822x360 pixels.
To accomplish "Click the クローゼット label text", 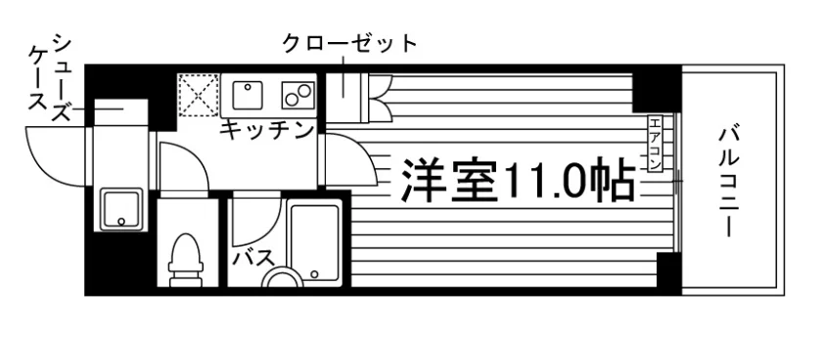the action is [349, 43].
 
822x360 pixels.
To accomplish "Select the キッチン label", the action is [266, 129].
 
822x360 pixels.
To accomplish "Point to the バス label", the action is [253, 257].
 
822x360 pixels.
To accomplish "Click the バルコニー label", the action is [728, 182].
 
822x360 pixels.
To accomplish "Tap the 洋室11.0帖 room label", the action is [518, 180].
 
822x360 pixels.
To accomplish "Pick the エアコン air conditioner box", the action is [656, 144].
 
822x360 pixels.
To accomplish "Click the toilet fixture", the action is [186, 260].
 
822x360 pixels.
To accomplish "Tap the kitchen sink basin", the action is [247, 95].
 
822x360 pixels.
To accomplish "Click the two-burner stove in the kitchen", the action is [298, 95].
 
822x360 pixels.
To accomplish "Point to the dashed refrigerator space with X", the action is [198, 95].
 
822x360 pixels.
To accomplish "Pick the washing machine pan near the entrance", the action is [121, 208].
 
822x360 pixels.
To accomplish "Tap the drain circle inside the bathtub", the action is [314, 274].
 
